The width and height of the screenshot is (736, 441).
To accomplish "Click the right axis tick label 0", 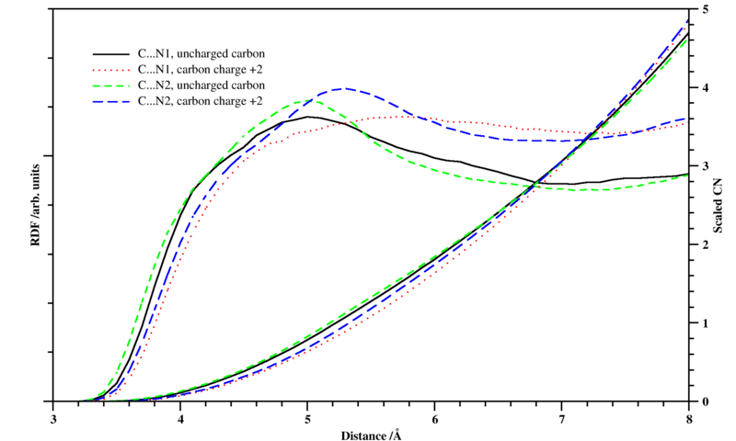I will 704,401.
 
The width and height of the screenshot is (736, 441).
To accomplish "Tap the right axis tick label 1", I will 704,323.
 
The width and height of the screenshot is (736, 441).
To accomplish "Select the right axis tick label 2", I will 704,244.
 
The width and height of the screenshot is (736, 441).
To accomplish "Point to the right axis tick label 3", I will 704,166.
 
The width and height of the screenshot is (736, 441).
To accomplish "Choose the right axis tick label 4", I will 704,88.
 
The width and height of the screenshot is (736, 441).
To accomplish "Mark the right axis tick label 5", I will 704,9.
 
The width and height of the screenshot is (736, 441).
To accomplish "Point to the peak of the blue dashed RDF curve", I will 343,89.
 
